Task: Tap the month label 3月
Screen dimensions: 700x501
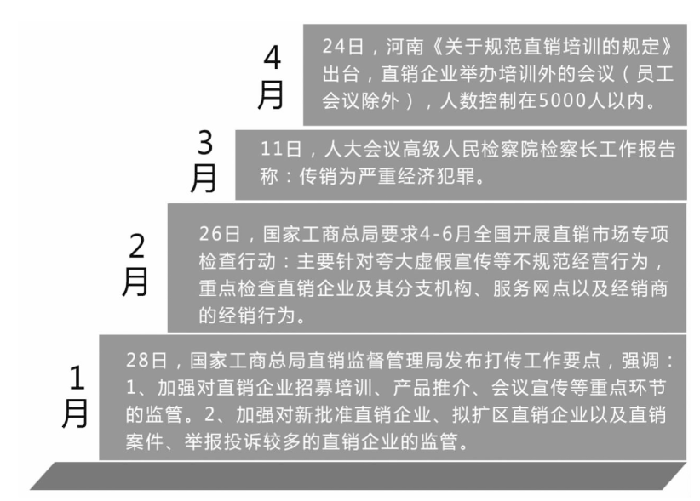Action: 204,161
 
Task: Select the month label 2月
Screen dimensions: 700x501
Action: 135,265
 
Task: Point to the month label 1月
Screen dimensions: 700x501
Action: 75,396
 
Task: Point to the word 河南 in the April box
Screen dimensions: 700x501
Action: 405,46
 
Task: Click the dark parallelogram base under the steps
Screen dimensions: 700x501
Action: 358,476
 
